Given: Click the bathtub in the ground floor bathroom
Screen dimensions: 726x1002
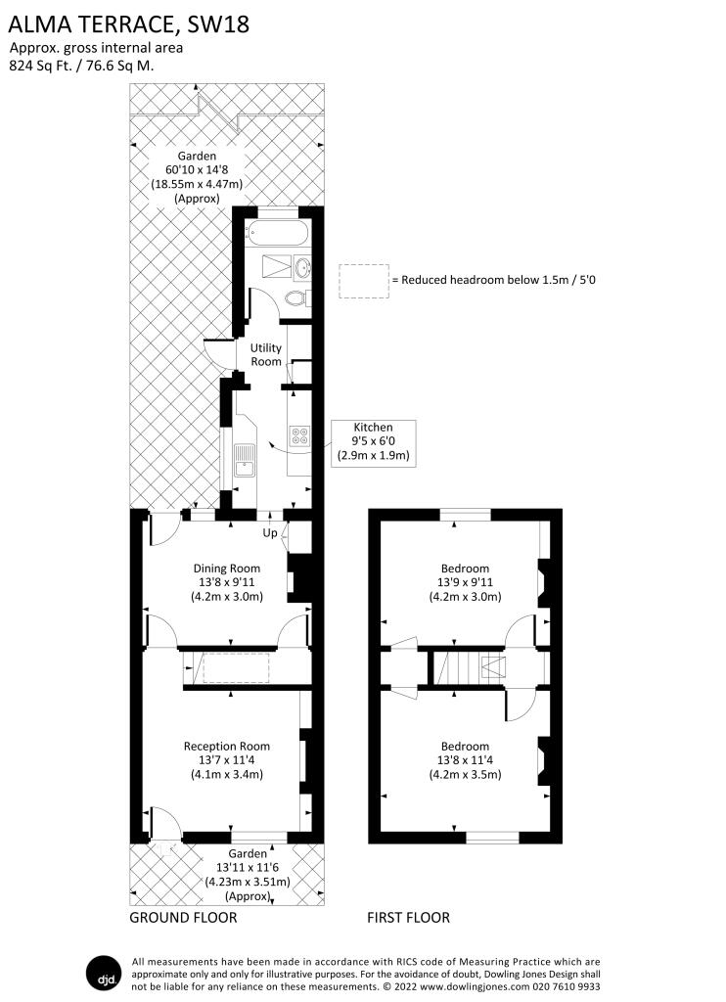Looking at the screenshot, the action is (x=279, y=233).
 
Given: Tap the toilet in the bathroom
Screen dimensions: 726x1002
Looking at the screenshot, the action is (x=297, y=297).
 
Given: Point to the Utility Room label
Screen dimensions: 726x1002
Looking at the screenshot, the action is (x=266, y=354).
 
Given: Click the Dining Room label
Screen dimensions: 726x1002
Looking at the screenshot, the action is (x=227, y=582).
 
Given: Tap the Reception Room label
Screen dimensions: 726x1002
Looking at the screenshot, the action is (x=227, y=759).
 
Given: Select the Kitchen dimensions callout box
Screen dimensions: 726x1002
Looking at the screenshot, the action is (x=373, y=441).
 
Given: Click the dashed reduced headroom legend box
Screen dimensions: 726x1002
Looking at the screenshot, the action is (x=364, y=281).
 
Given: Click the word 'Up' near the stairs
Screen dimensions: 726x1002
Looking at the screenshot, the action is (x=270, y=533).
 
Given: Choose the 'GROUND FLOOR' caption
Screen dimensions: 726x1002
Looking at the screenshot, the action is (x=183, y=918).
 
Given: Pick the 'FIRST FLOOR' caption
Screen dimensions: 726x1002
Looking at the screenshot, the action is (x=408, y=918).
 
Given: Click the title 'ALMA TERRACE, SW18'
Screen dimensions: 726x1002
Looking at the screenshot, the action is (x=128, y=24).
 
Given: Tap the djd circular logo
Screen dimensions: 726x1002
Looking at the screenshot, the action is (x=104, y=974).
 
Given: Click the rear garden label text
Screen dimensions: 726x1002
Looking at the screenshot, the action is (x=197, y=177).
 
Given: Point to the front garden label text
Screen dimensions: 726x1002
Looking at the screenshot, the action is (x=248, y=875).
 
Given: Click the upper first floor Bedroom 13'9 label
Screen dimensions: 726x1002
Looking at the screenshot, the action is (x=465, y=582).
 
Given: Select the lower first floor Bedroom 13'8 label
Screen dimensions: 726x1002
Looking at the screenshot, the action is (x=465, y=759).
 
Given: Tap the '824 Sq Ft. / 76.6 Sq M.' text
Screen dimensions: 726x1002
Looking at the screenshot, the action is (x=82, y=66).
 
